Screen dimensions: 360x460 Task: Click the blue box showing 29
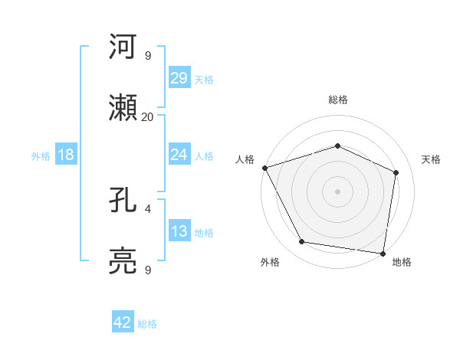point(179,78)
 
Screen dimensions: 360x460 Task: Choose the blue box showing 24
point(179,155)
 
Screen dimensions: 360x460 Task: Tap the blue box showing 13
point(179,231)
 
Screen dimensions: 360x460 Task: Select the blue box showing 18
point(66,155)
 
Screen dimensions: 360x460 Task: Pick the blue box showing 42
point(123,322)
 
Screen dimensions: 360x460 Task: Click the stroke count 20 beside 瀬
point(147,117)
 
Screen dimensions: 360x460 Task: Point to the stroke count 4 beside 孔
point(147,208)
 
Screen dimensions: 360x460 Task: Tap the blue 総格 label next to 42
point(147,324)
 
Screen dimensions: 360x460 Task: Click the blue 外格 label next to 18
point(41,155)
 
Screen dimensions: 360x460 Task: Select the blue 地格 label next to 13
point(204,233)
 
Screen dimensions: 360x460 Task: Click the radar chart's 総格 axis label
point(337,100)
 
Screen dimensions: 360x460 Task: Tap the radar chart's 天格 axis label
point(432,159)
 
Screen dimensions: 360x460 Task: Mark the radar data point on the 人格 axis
point(264,168)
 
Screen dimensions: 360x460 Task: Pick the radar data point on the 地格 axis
point(383,253)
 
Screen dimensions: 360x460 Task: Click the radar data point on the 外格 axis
point(302,242)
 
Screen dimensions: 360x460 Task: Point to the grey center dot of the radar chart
point(337,191)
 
